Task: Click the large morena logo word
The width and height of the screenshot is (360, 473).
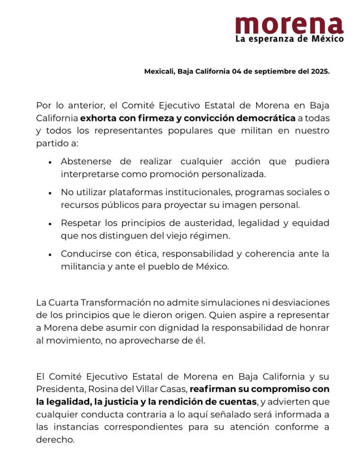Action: [289, 24]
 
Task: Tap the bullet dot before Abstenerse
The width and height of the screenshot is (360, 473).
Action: [50, 162]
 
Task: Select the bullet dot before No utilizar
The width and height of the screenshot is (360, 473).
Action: [50, 192]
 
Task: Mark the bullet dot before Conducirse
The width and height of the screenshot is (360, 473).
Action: [50, 254]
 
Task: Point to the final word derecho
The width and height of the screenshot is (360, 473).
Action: [55, 439]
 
